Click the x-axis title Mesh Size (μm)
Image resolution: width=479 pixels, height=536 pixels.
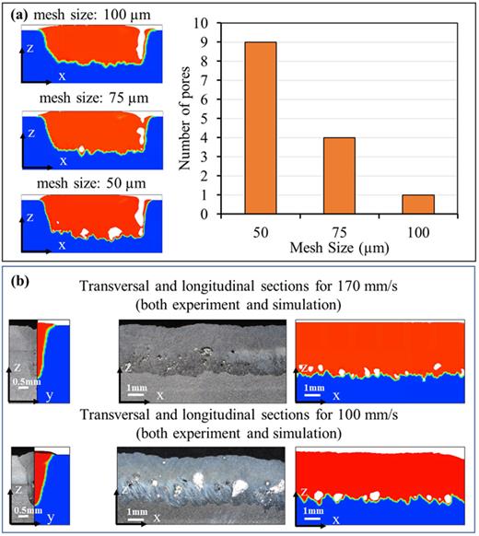click(x=340, y=248)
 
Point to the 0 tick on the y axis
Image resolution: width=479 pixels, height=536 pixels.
click(x=215, y=215)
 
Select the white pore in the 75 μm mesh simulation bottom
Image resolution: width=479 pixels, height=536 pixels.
click(x=84, y=148)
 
